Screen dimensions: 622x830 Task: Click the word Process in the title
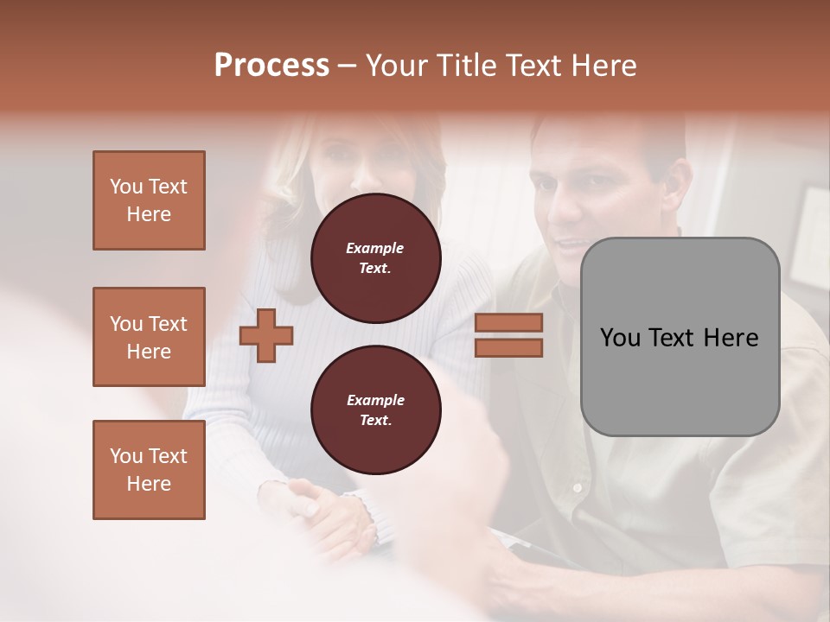tap(271, 66)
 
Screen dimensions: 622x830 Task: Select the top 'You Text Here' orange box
tap(149, 200)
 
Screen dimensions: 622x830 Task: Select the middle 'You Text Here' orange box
tap(149, 337)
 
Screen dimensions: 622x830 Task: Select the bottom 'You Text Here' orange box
tap(149, 470)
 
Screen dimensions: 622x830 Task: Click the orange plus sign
tap(266, 335)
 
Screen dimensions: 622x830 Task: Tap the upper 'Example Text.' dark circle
tap(375, 258)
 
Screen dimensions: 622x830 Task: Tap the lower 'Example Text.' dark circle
tap(375, 410)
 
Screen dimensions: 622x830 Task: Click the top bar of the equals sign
tap(508, 322)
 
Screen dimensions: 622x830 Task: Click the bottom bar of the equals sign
tap(508, 347)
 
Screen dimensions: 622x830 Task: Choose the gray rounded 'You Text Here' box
tap(680, 337)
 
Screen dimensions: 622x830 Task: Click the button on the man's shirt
tap(577, 488)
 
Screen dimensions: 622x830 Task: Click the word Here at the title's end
tap(602, 66)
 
